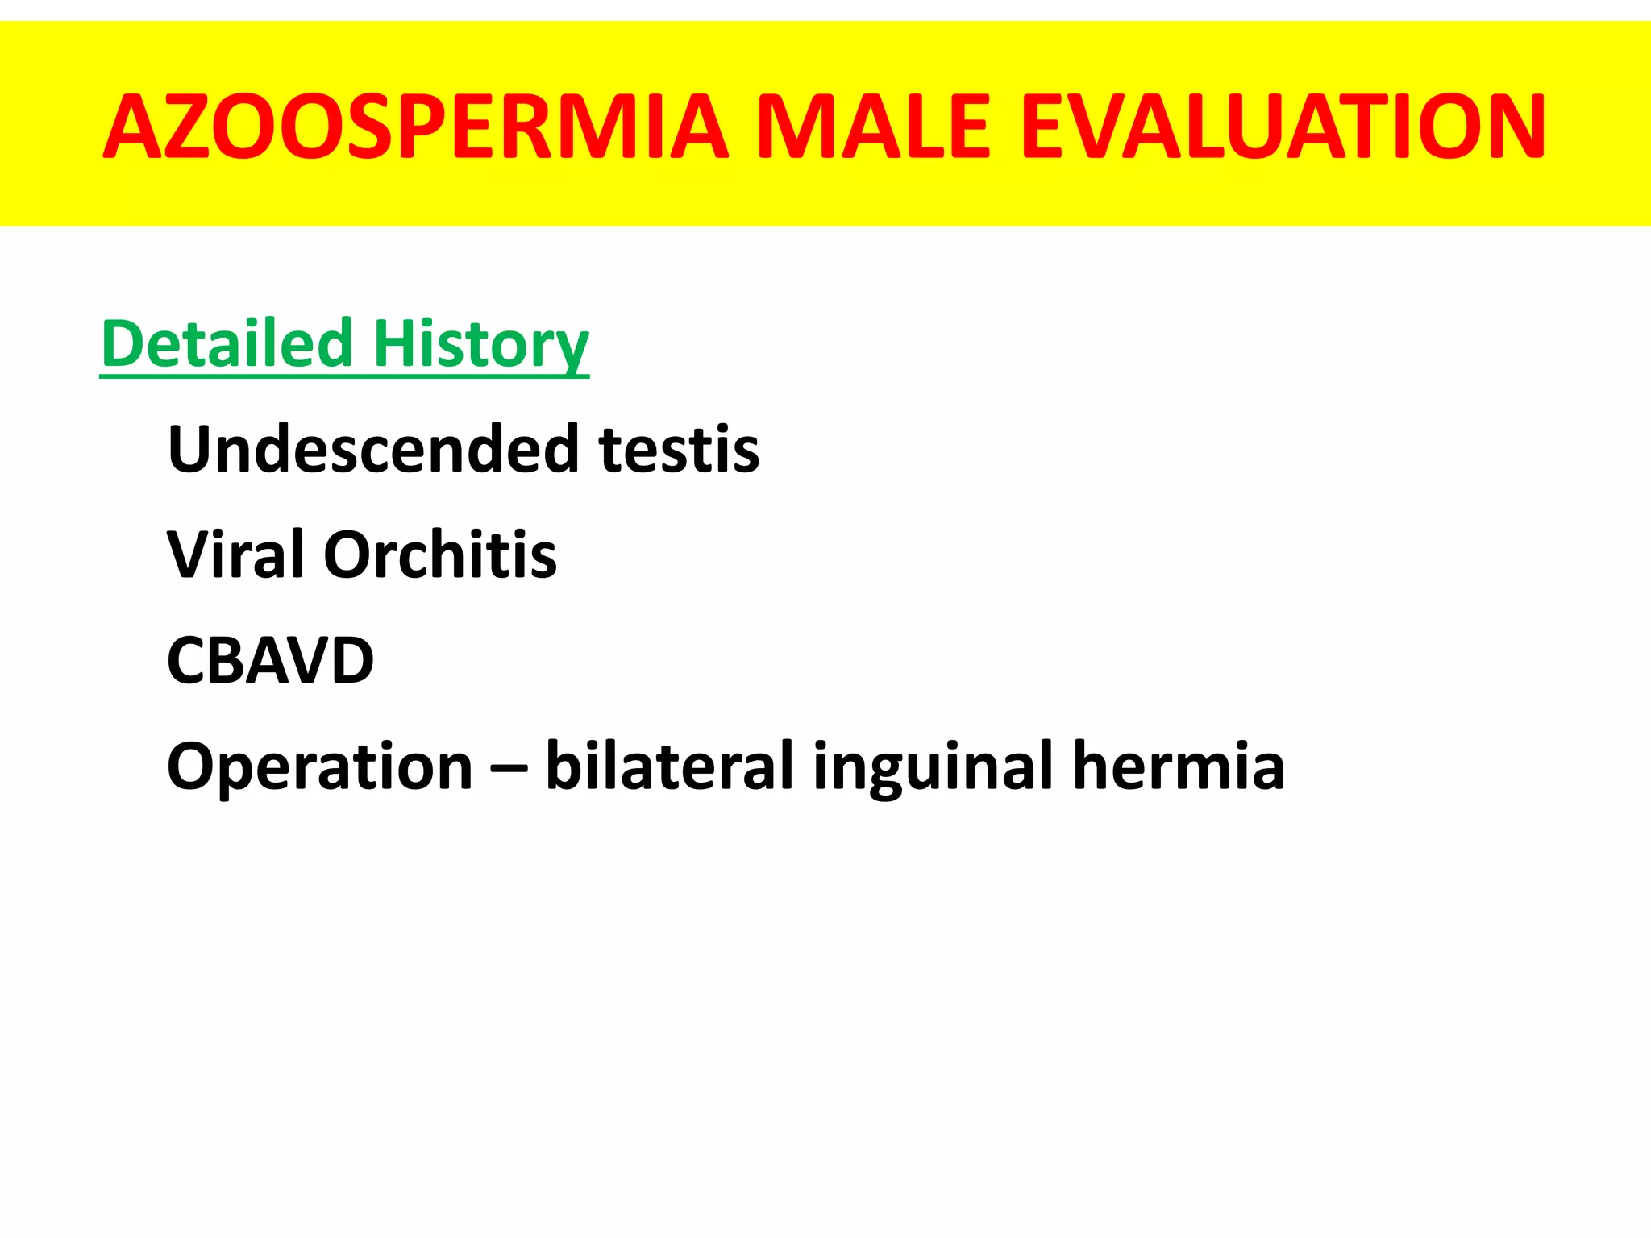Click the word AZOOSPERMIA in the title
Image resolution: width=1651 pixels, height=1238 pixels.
416,127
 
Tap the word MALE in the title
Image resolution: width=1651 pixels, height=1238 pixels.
873,127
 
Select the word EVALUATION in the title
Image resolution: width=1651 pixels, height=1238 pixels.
1283,127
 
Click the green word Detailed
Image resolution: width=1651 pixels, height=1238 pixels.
227,344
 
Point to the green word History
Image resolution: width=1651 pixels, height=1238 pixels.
480,344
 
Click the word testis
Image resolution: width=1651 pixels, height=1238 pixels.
679,449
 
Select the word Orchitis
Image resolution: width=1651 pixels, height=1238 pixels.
440,555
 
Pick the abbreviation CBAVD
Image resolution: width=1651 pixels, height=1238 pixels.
270,660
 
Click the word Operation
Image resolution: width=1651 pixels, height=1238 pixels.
319,766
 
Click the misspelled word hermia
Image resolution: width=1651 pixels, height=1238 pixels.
1179,766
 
